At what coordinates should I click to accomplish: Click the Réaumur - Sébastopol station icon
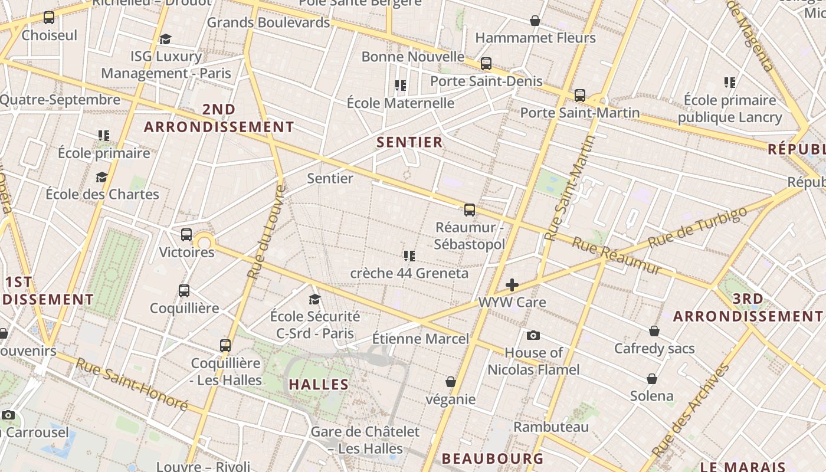pos(470,209)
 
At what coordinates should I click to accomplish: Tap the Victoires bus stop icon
pos(186,235)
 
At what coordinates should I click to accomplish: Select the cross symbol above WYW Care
pos(512,286)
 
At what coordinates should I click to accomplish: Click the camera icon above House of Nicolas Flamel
pos(533,336)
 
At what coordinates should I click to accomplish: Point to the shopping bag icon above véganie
pos(451,382)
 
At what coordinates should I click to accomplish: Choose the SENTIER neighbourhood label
pos(409,142)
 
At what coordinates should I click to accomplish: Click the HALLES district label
pos(319,385)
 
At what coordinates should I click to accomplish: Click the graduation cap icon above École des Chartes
pos(102,177)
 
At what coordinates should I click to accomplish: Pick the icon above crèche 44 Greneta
pos(409,256)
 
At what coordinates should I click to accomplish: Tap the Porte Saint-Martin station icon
pos(580,95)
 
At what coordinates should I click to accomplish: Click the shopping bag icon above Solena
pos(652,379)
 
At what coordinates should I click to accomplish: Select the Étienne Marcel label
pos(421,339)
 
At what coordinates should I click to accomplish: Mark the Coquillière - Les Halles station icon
pos(225,346)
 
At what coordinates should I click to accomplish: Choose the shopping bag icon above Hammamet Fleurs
pos(535,21)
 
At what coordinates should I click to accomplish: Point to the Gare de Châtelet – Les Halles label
pos(365,440)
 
